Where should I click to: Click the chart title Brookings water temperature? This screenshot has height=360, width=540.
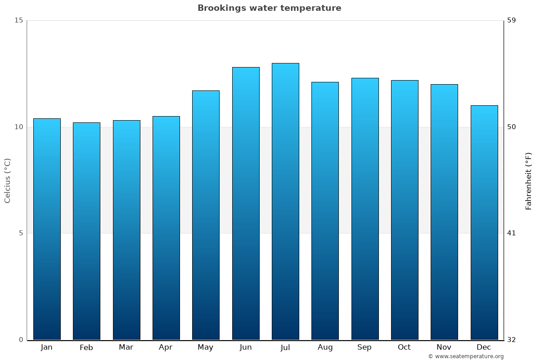pos(269,8)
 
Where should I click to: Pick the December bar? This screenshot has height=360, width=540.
pos(484,222)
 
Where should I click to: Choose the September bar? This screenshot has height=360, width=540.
pos(364,209)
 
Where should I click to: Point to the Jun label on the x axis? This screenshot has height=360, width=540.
pos(246,347)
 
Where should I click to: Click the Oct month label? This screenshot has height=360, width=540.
pos(404,347)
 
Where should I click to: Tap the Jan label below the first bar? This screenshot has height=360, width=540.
pos(47,347)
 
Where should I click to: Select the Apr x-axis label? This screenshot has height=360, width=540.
pos(166,347)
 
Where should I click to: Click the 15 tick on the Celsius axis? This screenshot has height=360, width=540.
pos(18,20)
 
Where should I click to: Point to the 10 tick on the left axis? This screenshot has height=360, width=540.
pos(18,127)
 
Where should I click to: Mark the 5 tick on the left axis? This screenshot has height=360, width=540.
pos(21,233)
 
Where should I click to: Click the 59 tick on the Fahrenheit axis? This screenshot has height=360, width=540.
pos(512,20)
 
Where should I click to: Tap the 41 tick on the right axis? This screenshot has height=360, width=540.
pos(512,233)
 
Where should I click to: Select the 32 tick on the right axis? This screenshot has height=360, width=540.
pos(512,340)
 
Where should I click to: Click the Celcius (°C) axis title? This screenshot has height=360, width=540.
pos(8,180)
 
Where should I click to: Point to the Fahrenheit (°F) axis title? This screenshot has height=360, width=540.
pos(528,181)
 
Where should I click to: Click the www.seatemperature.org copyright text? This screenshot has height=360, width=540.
pos(466,356)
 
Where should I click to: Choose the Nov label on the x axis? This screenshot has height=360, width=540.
pos(444,347)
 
